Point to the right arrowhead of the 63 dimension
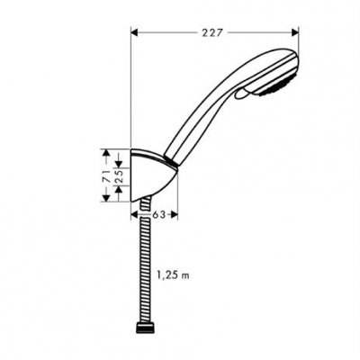176,213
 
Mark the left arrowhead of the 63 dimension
137,213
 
